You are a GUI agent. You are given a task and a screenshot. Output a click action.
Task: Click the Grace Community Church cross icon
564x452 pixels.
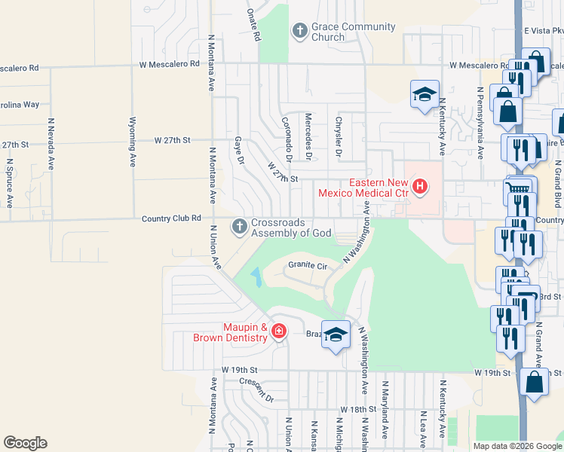[299, 32]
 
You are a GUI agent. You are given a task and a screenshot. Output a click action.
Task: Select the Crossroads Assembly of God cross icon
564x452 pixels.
[240, 226]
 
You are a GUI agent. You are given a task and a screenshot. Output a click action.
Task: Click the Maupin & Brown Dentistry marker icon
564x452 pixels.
[279, 331]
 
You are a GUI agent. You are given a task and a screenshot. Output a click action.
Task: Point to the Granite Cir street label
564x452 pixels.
[307, 266]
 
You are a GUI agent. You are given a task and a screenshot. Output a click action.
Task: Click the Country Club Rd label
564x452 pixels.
[171, 218]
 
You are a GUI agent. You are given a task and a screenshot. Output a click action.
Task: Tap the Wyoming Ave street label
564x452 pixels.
[133, 142]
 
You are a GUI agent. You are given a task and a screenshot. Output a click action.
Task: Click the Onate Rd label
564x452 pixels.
[253, 24]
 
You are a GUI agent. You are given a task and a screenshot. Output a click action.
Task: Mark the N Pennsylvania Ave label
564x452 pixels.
[480, 122]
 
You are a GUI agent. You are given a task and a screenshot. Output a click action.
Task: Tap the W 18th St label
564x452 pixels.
[357, 409]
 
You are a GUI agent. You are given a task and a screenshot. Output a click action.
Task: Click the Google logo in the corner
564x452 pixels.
[25, 443]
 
